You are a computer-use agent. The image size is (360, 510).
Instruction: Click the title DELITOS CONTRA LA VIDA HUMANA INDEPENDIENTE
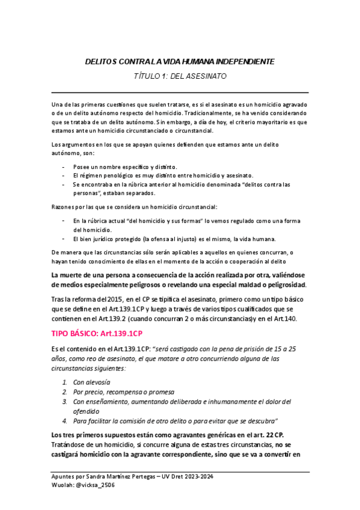click(x=178, y=61)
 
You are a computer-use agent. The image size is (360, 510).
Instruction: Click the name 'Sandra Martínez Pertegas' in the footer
click(x=117, y=476)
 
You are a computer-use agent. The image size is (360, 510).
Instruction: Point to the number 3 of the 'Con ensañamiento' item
click(x=65, y=401)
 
